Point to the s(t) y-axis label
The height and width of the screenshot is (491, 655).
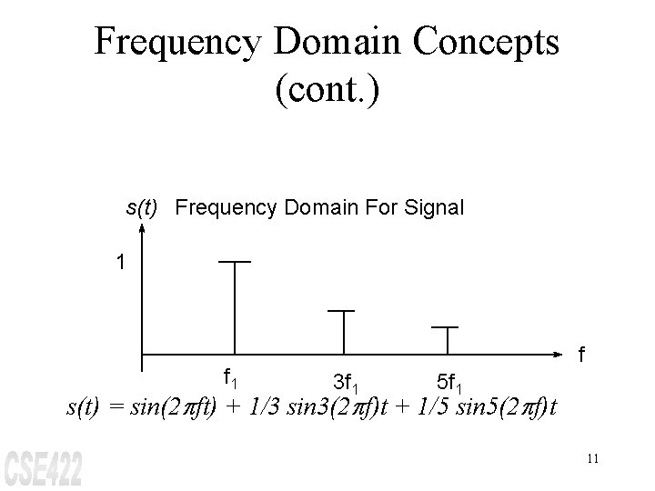tap(143, 208)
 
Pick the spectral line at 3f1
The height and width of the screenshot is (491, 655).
tap(341, 331)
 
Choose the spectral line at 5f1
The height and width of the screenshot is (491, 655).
tap(446, 338)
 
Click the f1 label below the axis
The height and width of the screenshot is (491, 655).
tap(232, 376)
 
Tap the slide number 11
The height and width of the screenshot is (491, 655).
tap(592, 458)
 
